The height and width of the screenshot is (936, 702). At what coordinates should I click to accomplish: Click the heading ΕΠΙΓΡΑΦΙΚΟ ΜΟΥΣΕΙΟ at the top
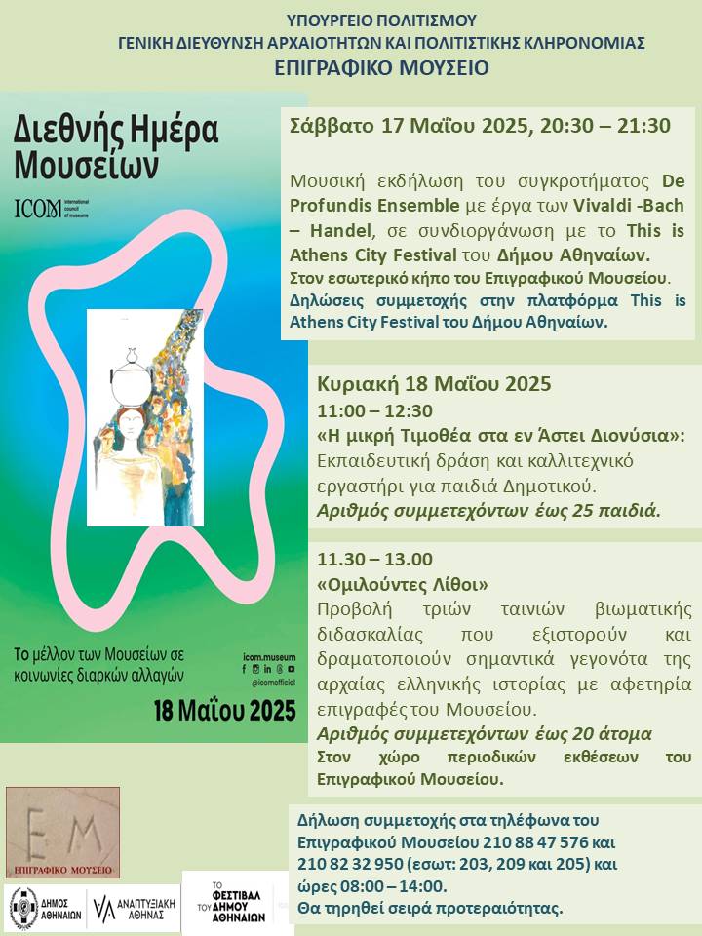(x=381, y=67)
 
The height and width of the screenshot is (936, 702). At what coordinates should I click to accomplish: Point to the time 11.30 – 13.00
(x=374, y=559)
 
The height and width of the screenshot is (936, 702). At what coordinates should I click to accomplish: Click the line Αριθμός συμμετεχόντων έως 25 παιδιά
(x=488, y=510)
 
